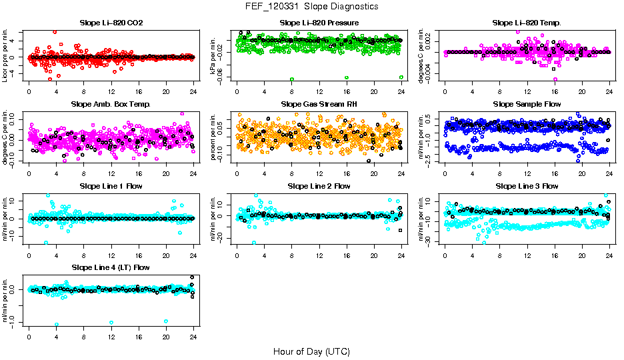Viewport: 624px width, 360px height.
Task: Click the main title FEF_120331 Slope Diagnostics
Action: [311, 6]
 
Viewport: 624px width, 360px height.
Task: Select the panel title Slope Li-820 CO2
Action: [111, 23]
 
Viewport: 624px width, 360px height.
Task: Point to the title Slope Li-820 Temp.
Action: [527, 23]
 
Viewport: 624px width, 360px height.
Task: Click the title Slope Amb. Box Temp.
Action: [111, 104]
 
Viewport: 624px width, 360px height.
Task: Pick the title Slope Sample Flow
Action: [527, 104]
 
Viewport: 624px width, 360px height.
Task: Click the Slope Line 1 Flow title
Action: [111, 186]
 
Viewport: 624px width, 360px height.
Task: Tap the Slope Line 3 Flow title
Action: [527, 186]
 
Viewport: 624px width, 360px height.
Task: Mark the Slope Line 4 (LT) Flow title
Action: [111, 267]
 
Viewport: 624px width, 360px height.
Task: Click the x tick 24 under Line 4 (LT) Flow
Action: [193, 337]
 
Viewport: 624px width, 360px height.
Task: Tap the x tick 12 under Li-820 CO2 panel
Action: [111, 92]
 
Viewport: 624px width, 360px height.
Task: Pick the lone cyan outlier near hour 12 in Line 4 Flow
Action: [111, 322]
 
